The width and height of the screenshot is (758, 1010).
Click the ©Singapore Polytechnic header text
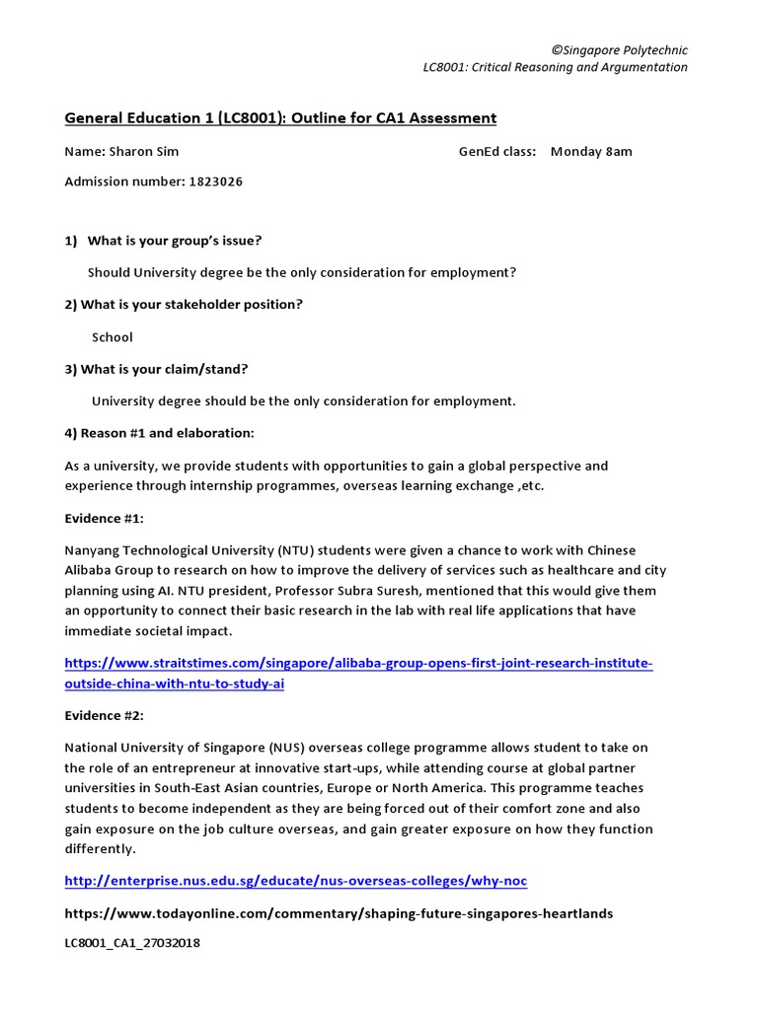click(x=619, y=50)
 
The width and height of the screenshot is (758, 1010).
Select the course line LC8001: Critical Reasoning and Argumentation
click(x=554, y=67)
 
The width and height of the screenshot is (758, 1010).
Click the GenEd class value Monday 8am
click(x=591, y=151)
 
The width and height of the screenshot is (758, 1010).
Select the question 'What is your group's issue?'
click(x=174, y=240)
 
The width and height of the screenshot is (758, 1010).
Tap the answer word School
click(x=112, y=336)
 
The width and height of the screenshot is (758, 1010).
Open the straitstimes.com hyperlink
click(x=358, y=674)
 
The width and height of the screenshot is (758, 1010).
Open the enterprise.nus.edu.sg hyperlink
click(x=296, y=880)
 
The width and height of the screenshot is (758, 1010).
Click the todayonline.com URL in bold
click(x=339, y=913)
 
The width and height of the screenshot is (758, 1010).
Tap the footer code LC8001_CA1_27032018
click(x=132, y=943)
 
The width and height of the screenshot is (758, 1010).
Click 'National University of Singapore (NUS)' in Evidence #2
click(x=189, y=747)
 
